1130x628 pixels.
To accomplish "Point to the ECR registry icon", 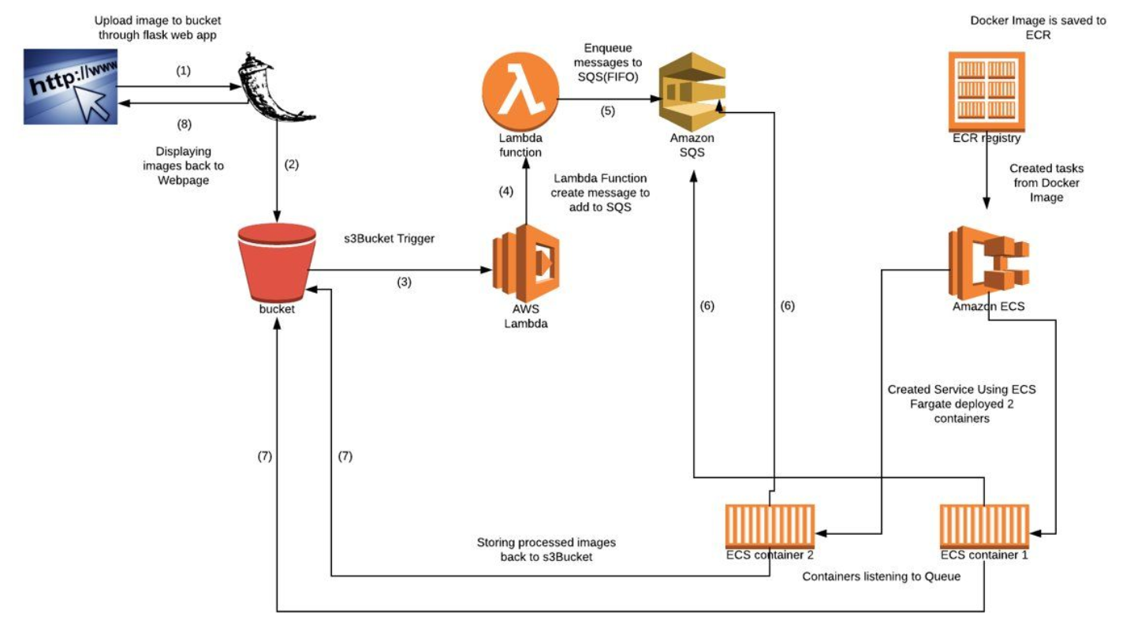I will point(986,91).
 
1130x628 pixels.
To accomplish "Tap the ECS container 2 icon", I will point(770,525).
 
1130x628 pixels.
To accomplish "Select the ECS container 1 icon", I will point(984,525).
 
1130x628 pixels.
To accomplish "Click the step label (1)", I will point(183,71).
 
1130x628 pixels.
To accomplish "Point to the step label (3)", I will point(404,282).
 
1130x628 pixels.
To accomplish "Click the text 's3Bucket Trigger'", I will point(390,237).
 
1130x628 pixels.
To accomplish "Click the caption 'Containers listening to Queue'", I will point(881,577).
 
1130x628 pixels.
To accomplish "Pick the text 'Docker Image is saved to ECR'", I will point(1038,28).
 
